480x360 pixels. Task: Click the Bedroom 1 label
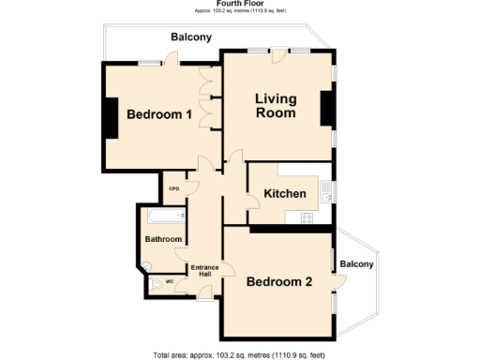(x=159, y=115)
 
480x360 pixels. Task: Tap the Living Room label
(x=277, y=106)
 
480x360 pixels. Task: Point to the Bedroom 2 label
(x=279, y=281)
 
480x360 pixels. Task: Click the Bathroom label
(x=163, y=239)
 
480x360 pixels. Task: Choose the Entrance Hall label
(x=204, y=272)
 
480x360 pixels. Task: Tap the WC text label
(x=170, y=281)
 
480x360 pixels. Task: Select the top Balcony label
(x=190, y=37)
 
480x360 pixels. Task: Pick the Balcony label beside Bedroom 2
(x=356, y=264)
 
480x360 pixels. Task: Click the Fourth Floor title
(x=239, y=4)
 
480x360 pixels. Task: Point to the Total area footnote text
(x=239, y=354)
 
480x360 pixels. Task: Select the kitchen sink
(x=323, y=191)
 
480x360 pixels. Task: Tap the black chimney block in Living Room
(x=327, y=108)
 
